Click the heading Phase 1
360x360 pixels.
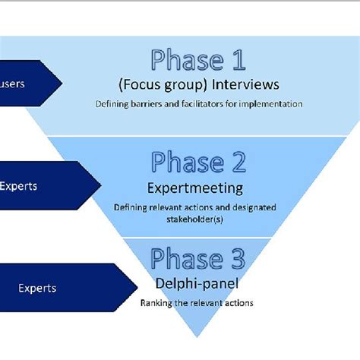(198, 60)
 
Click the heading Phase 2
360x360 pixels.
(198, 162)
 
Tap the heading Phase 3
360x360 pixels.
(198, 258)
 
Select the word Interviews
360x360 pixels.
(245, 84)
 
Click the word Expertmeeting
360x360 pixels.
(195, 188)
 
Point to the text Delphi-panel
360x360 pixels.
(197, 283)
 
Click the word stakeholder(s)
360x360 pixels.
(195, 219)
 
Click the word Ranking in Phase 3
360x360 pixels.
(156, 303)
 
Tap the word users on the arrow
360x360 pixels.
(12, 84)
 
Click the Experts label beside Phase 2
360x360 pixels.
(18, 187)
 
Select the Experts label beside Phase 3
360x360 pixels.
(37, 289)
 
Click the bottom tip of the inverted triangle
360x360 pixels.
(197, 337)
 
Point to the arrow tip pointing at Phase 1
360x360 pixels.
(62, 84)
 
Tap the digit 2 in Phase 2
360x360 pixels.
(238, 162)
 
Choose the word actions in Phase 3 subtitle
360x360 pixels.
(237, 303)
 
